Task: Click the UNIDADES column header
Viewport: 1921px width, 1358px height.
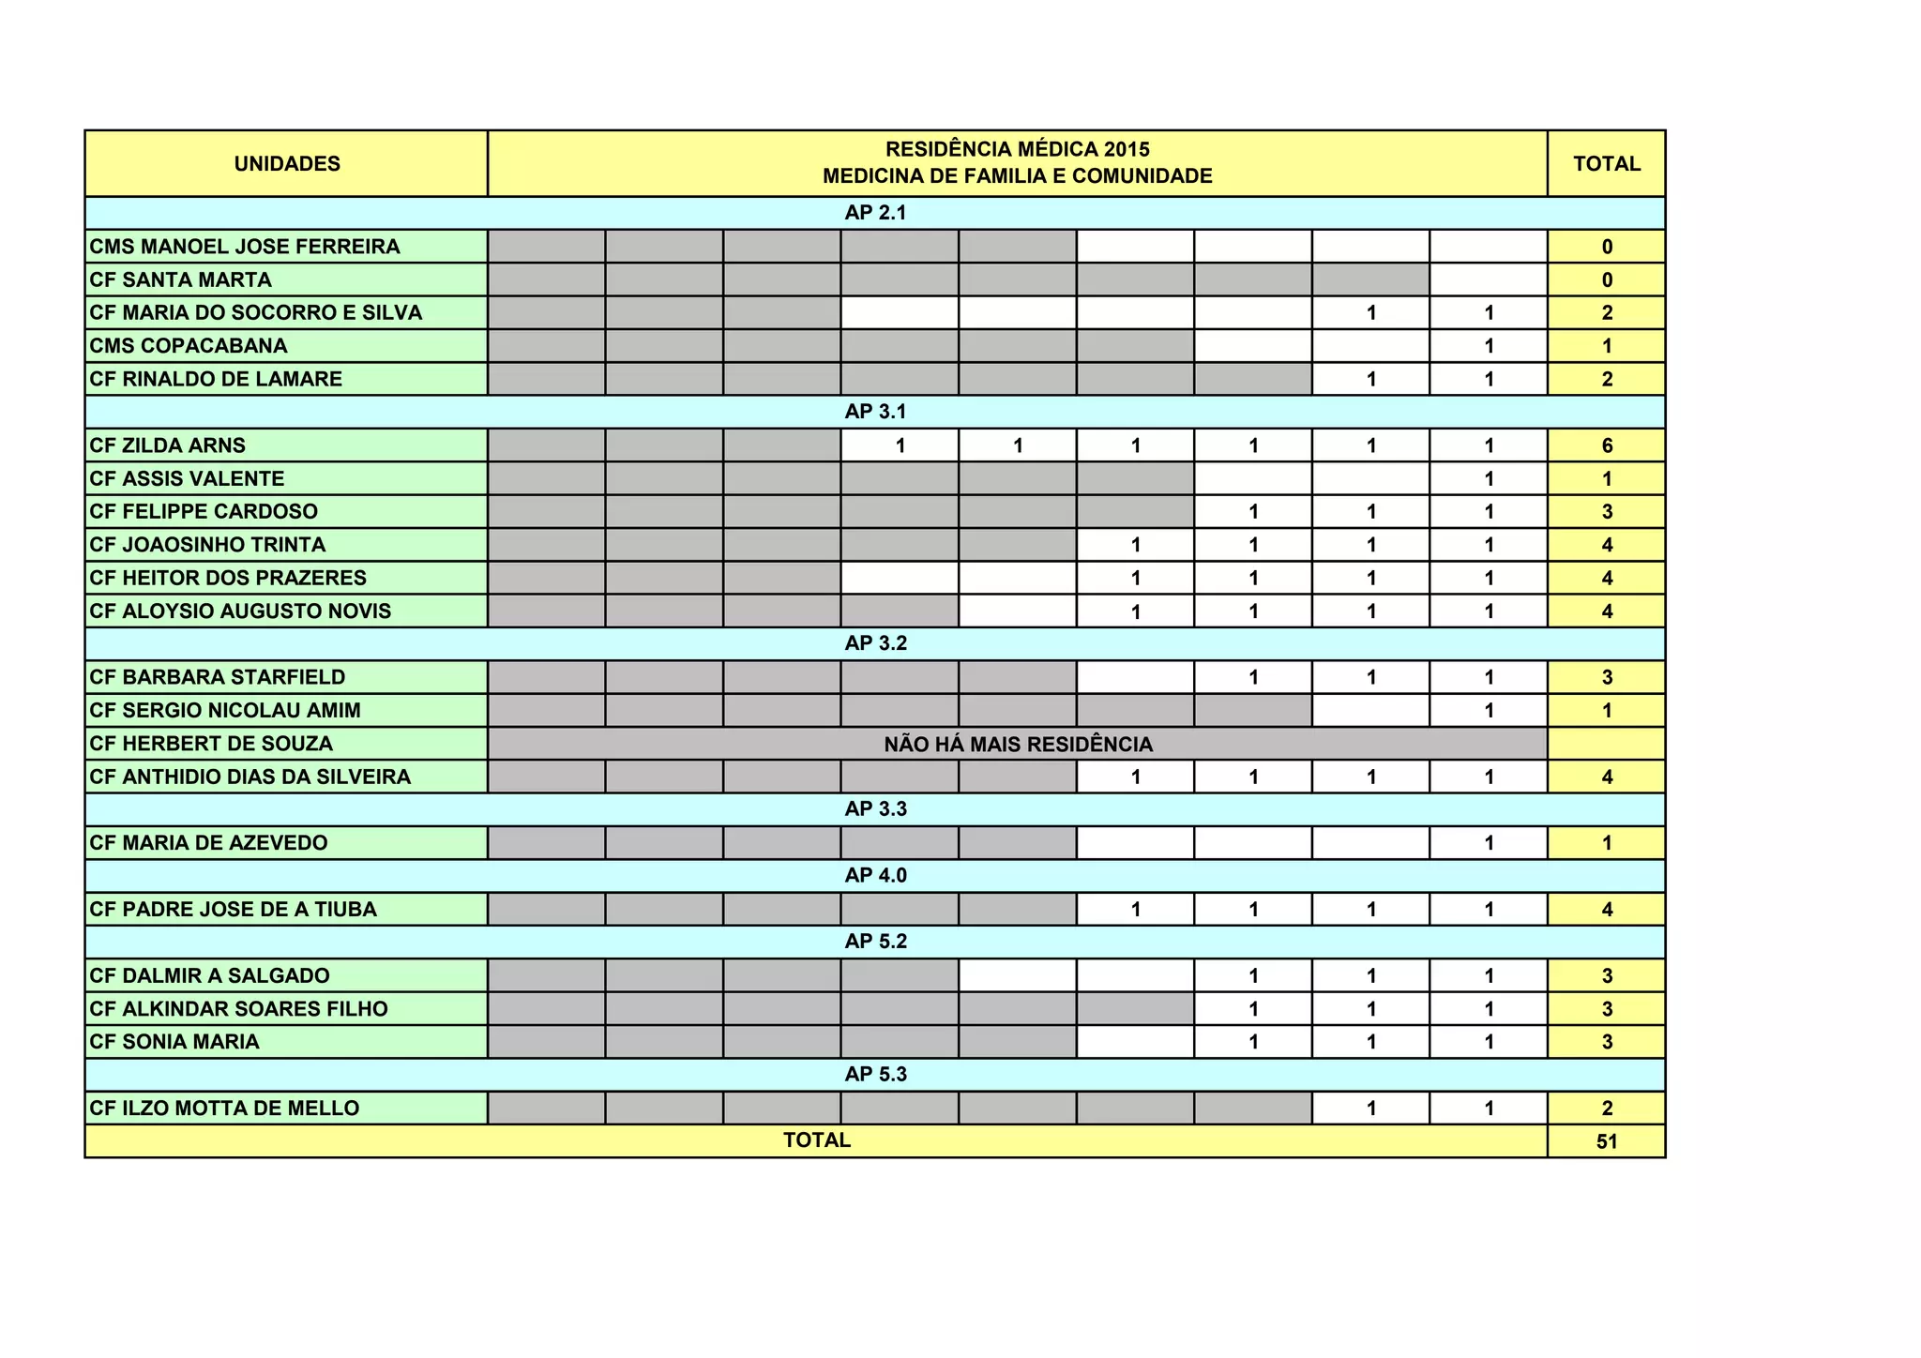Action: click(287, 164)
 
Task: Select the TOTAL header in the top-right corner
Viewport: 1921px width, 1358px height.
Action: click(1606, 164)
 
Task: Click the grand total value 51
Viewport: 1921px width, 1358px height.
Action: click(1606, 1141)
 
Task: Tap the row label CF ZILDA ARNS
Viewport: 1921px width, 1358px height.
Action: click(168, 445)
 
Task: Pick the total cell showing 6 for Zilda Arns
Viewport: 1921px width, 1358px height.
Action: click(1606, 445)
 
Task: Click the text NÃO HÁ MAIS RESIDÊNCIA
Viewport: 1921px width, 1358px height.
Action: click(1018, 745)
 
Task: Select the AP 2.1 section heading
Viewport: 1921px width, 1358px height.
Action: click(875, 213)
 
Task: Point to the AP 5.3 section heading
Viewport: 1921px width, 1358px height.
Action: click(875, 1075)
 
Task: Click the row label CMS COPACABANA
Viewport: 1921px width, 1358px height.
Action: click(189, 346)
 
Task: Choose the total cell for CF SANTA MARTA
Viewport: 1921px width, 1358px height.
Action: click(1606, 279)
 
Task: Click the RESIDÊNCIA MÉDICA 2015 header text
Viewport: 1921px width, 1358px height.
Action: click(1018, 150)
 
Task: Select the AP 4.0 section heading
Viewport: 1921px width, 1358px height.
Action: click(875, 876)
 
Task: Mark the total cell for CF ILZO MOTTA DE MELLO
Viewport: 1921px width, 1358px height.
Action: click(1606, 1109)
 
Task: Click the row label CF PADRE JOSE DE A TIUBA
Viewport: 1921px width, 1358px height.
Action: click(234, 910)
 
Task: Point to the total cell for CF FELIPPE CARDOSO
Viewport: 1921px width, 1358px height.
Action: click(1606, 512)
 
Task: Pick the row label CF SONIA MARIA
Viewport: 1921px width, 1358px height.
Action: click(174, 1042)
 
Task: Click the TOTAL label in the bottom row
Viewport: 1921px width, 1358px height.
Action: click(817, 1140)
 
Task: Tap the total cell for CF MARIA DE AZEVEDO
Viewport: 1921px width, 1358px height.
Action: click(1606, 843)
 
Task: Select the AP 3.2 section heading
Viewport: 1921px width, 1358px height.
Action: click(875, 643)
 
